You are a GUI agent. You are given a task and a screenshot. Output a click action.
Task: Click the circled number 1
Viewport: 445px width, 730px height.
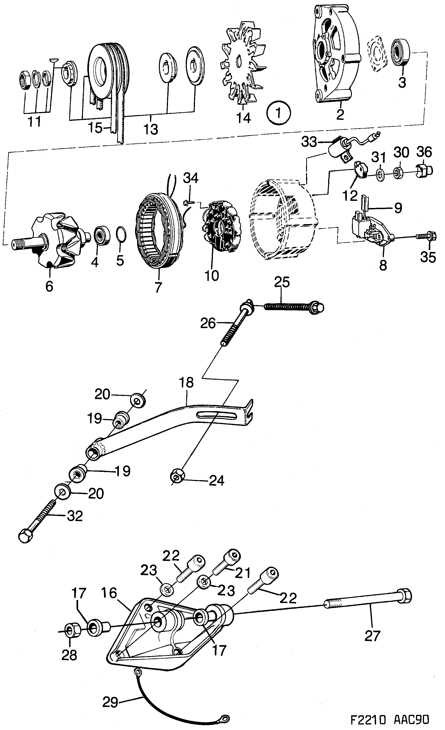point(279,113)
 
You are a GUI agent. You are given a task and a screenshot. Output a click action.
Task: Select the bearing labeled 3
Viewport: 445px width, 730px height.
point(401,52)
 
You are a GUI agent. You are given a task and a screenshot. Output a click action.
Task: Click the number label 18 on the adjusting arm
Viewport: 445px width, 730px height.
point(186,382)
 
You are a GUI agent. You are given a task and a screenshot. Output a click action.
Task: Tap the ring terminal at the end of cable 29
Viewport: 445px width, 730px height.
point(225,718)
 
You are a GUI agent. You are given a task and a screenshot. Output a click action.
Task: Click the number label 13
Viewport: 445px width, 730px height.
point(151,130)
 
